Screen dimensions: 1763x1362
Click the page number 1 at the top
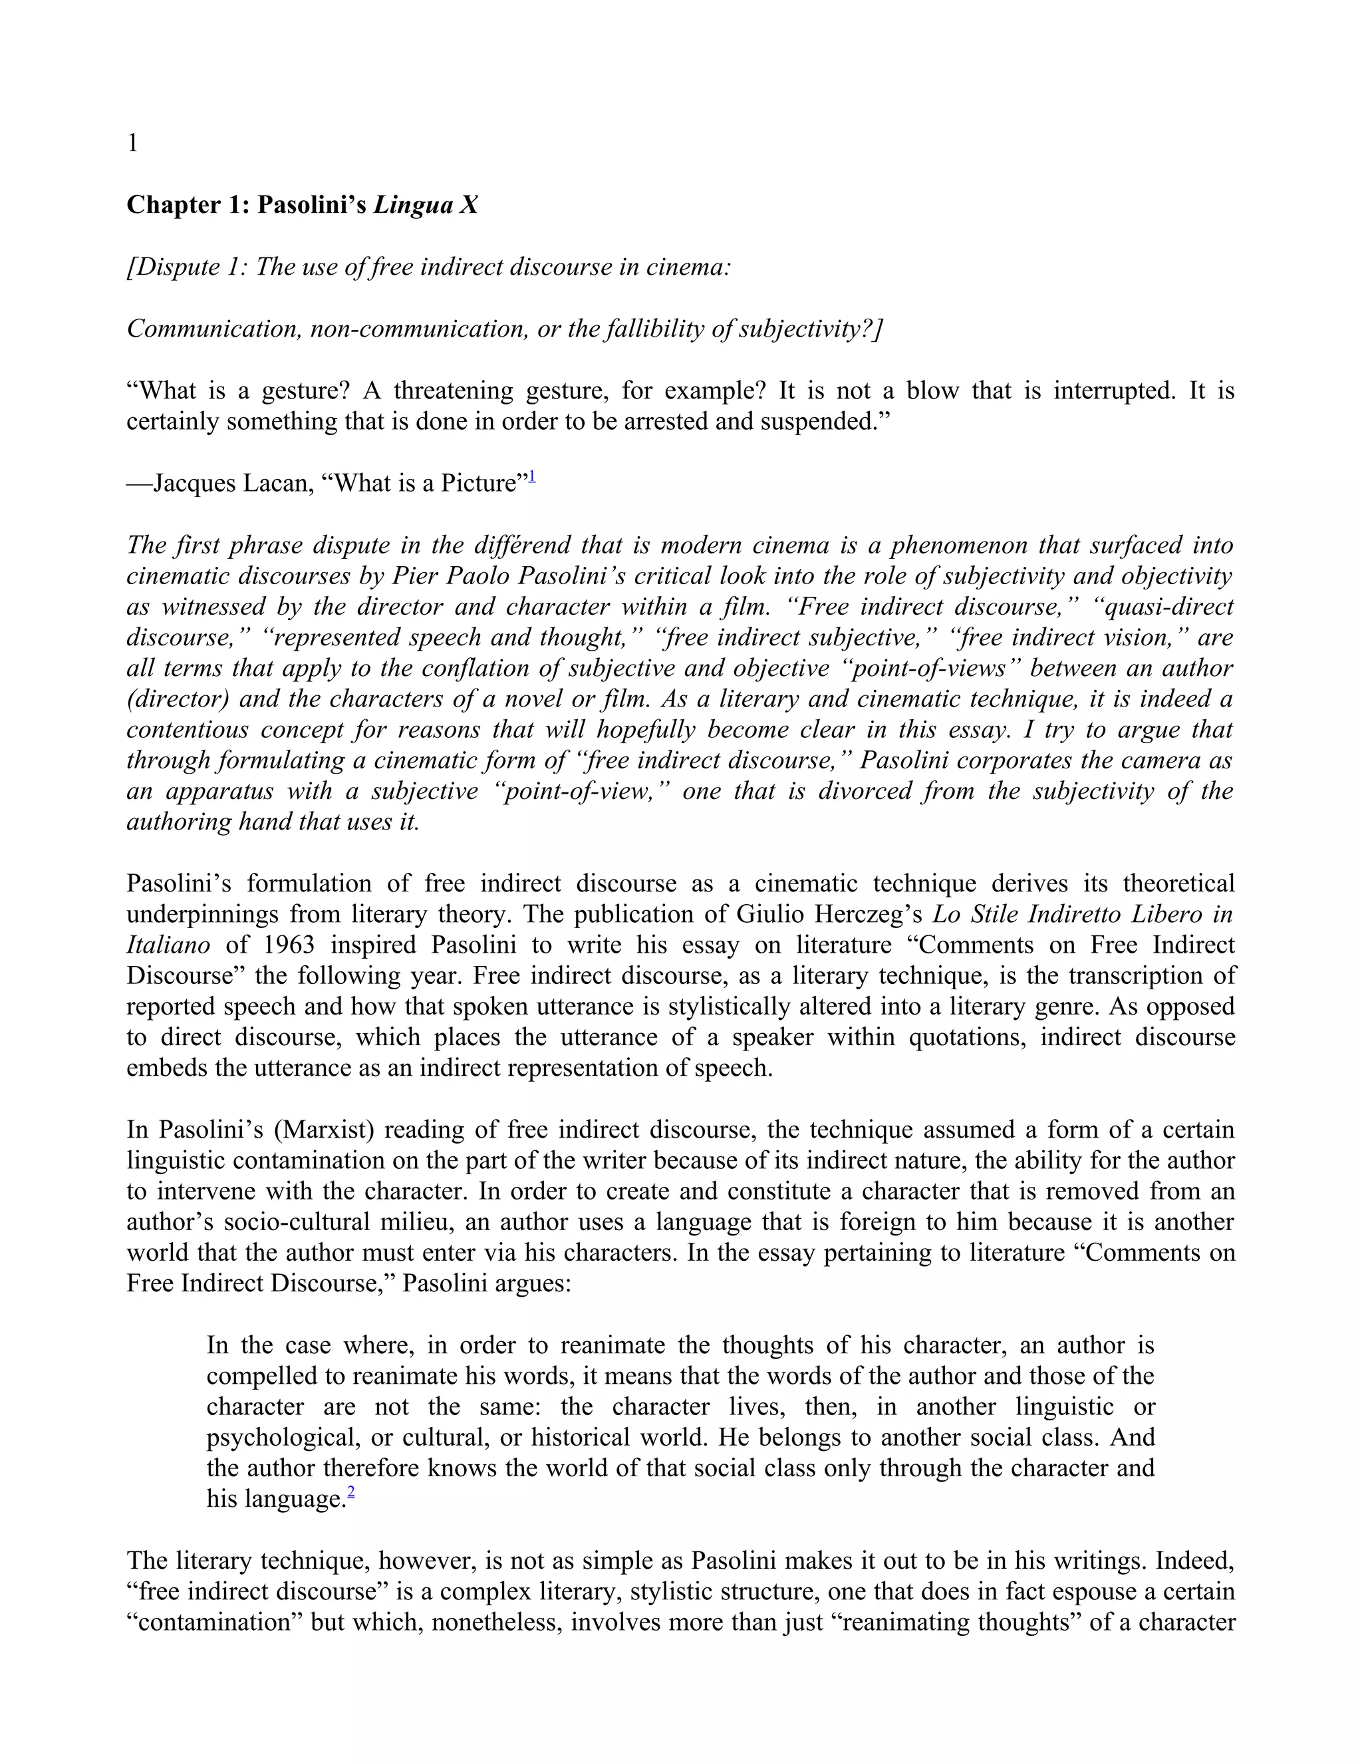132,144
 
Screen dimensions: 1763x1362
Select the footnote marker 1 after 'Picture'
532,478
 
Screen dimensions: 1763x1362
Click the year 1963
290,945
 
